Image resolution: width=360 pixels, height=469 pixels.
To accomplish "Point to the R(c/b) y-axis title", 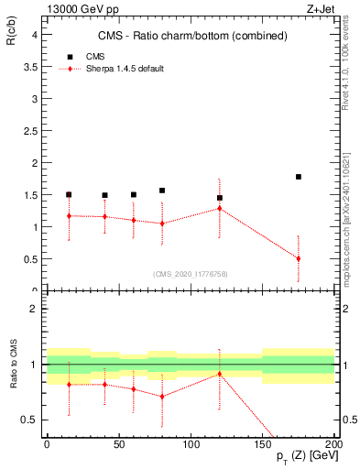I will [10, 34].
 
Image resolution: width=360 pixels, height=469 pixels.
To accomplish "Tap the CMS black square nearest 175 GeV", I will [299, 176].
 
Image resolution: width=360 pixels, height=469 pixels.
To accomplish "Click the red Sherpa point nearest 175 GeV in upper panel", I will [299, 258].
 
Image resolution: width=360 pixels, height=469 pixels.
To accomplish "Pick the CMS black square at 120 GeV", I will [220, 198].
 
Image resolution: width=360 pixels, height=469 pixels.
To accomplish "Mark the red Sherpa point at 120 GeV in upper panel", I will [220, 208].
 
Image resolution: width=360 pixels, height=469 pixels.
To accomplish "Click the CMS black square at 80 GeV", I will [162, 191].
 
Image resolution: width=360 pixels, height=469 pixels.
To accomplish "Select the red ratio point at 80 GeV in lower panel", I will [162, 397].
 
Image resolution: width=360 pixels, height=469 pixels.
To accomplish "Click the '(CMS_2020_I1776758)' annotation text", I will [190, 273].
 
